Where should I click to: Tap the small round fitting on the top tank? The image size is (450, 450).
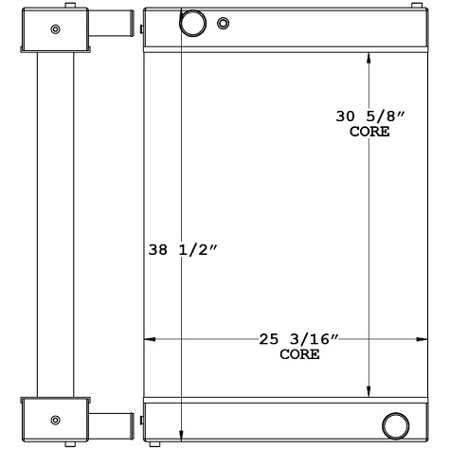(224, 24)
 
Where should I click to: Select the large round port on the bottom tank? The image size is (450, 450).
(395, 423)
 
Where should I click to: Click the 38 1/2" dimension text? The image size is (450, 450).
(185, 251)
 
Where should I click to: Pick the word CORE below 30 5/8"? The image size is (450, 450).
(369, 133)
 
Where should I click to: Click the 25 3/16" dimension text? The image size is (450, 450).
(299, 339)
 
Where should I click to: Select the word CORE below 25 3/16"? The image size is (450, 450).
(299, 355)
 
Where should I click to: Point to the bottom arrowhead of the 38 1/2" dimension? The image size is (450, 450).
(180, 438)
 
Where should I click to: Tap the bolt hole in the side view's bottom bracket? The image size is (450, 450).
(55, 419)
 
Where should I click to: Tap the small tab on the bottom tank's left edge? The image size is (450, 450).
(141, 418)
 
